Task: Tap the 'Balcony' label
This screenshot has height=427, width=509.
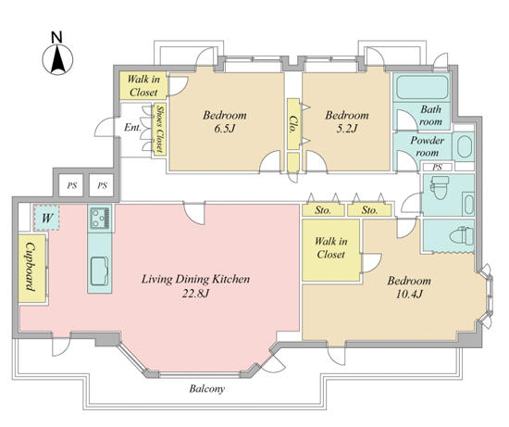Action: [x=206, y=389]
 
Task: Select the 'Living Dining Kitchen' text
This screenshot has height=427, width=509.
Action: [x=196, y=279]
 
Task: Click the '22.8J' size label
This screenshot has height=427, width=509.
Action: [x=195, y=294]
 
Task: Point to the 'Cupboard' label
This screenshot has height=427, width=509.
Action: [x=31, y=267]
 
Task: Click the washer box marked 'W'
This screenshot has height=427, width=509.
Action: [x=46, y=218]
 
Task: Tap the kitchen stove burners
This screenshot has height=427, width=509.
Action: [x=100, y=218]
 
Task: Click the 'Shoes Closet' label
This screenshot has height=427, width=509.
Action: [x=160, y=129]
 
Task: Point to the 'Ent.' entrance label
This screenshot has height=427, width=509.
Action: [x=132, y=128]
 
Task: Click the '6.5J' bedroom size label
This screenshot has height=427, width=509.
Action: [x=224, y=129]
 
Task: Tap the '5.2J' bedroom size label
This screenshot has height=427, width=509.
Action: [x=346, y=129]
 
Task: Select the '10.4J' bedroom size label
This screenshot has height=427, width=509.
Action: [x=409, y=295]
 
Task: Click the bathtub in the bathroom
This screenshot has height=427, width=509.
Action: [x=422, y=87]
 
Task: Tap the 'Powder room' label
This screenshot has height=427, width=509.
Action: [x=428, y=146]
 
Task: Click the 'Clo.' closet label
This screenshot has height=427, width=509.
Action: [x=292, y=124]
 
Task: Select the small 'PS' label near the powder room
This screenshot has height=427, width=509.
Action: [x=437, y=168]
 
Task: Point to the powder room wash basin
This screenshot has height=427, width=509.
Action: [x=465, y=147]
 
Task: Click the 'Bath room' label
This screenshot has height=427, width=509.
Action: [x=430, y=116]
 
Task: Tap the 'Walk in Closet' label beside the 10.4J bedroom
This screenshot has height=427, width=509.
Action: [x=330, y=247]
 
